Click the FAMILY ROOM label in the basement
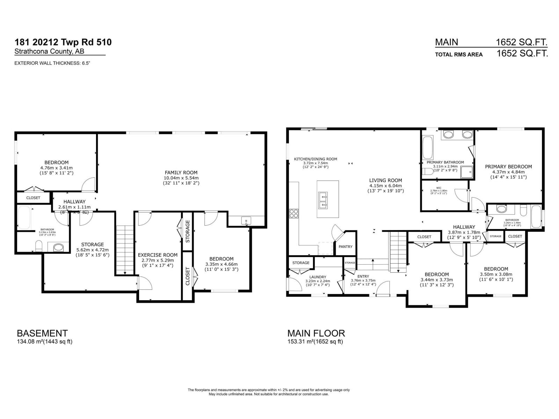click(x=181, y=172)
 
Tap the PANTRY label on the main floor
click(x=346, y=247)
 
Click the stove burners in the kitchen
click(x=294, y=213)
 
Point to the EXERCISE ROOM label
click(x=158, y=255)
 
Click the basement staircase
click(x=125, y=250)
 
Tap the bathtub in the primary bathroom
click(x=428, y=148)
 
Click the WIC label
click(x=439, y=188)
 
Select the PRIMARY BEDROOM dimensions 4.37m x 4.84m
click(x=508, y=172)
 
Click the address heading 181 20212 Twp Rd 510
click(x=63, y=42)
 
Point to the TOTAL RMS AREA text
click(x=458, y=54)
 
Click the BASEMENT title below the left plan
click(x=42, y=333)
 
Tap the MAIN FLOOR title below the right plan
click(x=316, y=333)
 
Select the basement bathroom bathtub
click(x=24, y=218)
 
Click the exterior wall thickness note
click(x=54, y=63)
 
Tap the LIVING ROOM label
click(x=385, y=181)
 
